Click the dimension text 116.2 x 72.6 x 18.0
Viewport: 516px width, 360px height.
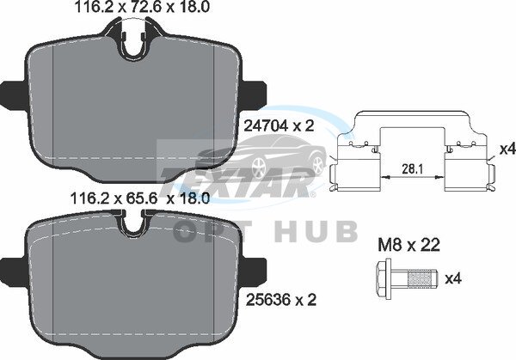[x=142, y=7]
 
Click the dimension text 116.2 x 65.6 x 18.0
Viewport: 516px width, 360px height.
[x=140, y=198]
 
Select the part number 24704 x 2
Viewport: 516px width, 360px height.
[x=279, y=125]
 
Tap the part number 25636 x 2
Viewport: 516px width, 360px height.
[x=281, y=300]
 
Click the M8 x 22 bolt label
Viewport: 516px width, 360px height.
[x=408, y=245]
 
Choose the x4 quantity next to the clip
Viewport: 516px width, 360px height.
[x=507, y=149]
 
